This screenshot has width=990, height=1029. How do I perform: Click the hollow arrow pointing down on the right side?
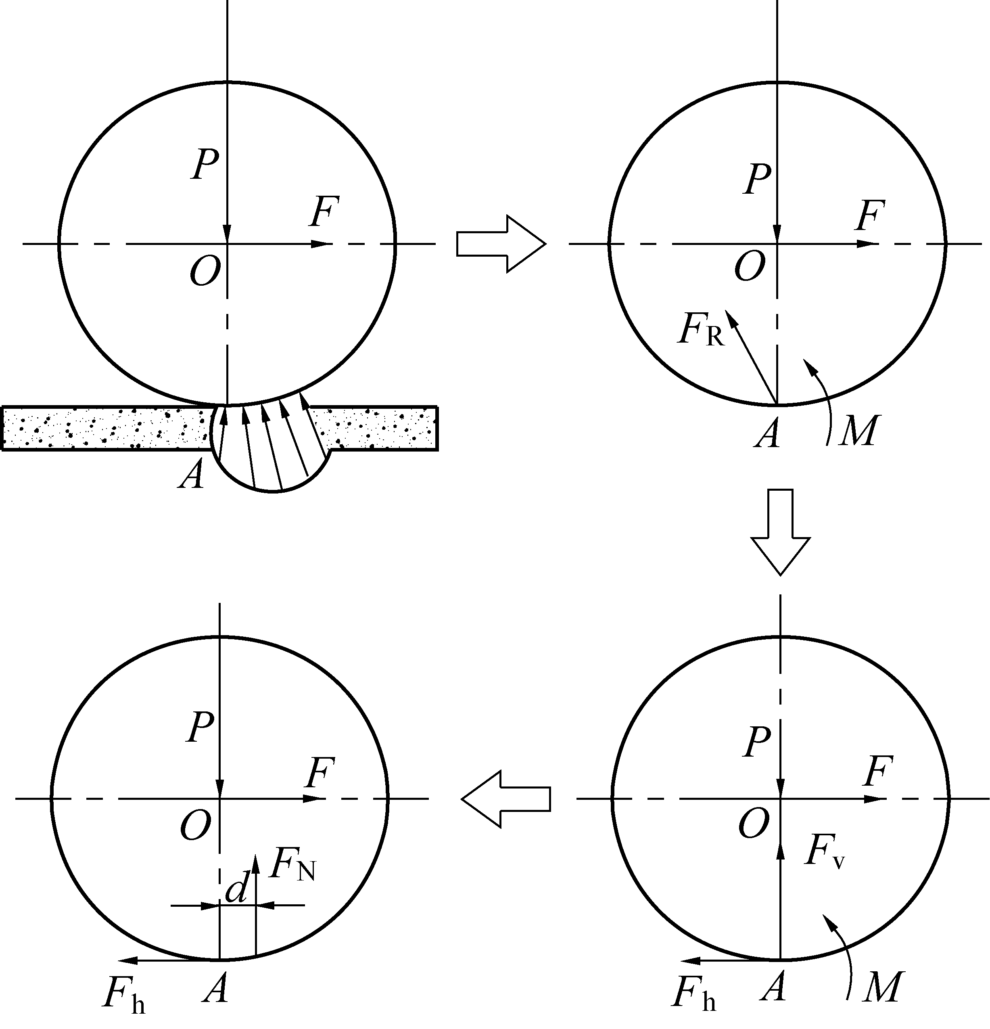coord(781,531)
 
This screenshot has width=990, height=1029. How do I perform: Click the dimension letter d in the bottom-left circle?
coord(236,889)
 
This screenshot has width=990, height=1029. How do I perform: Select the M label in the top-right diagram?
coord(858,431)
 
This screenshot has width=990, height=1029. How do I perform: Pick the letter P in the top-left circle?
coord(205,165)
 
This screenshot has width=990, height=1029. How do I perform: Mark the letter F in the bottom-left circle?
coord(319,773)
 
